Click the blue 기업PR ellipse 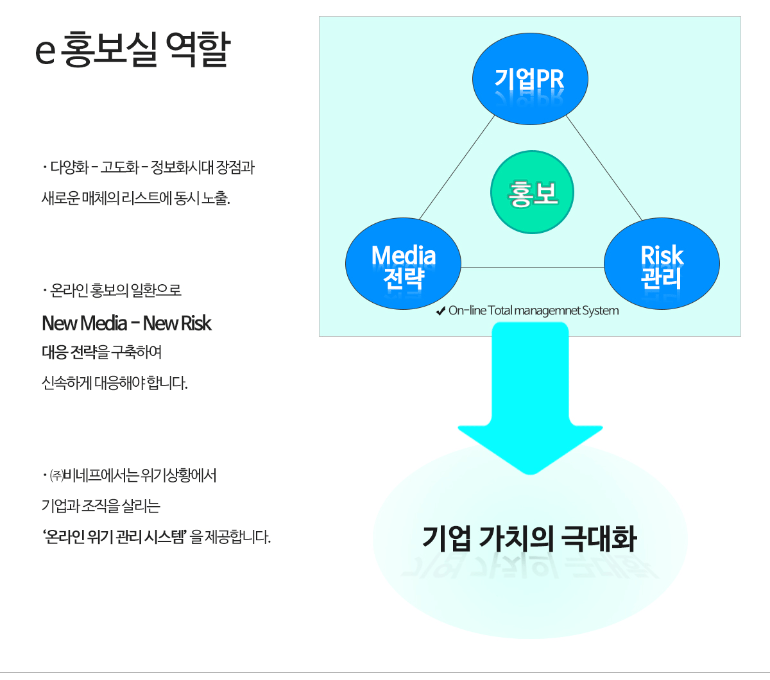[x=530, y=79]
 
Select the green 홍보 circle [x=532, y=192]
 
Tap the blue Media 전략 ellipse [x=403, y=264]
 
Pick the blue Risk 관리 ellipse [x=662, y=264]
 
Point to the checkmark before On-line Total [x=440, y=311]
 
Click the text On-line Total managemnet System [x=534, y=310]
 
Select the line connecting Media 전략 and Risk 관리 [x=533, y=267]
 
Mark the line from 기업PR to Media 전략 [x=457, y=167]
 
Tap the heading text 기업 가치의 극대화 [x=529, y=538]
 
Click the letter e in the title [x=46, y=51]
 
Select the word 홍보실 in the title [x=110, y=49]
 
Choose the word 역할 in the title [x=198, y=49]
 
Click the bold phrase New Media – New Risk [x=126, y=323]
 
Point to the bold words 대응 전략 [x=69, y=352]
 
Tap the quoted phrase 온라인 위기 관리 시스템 [x=114, y=536]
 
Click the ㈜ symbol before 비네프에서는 [x=56, y=476]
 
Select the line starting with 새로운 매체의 [x=135, y=198]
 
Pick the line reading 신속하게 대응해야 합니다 [x=114, y=383]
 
